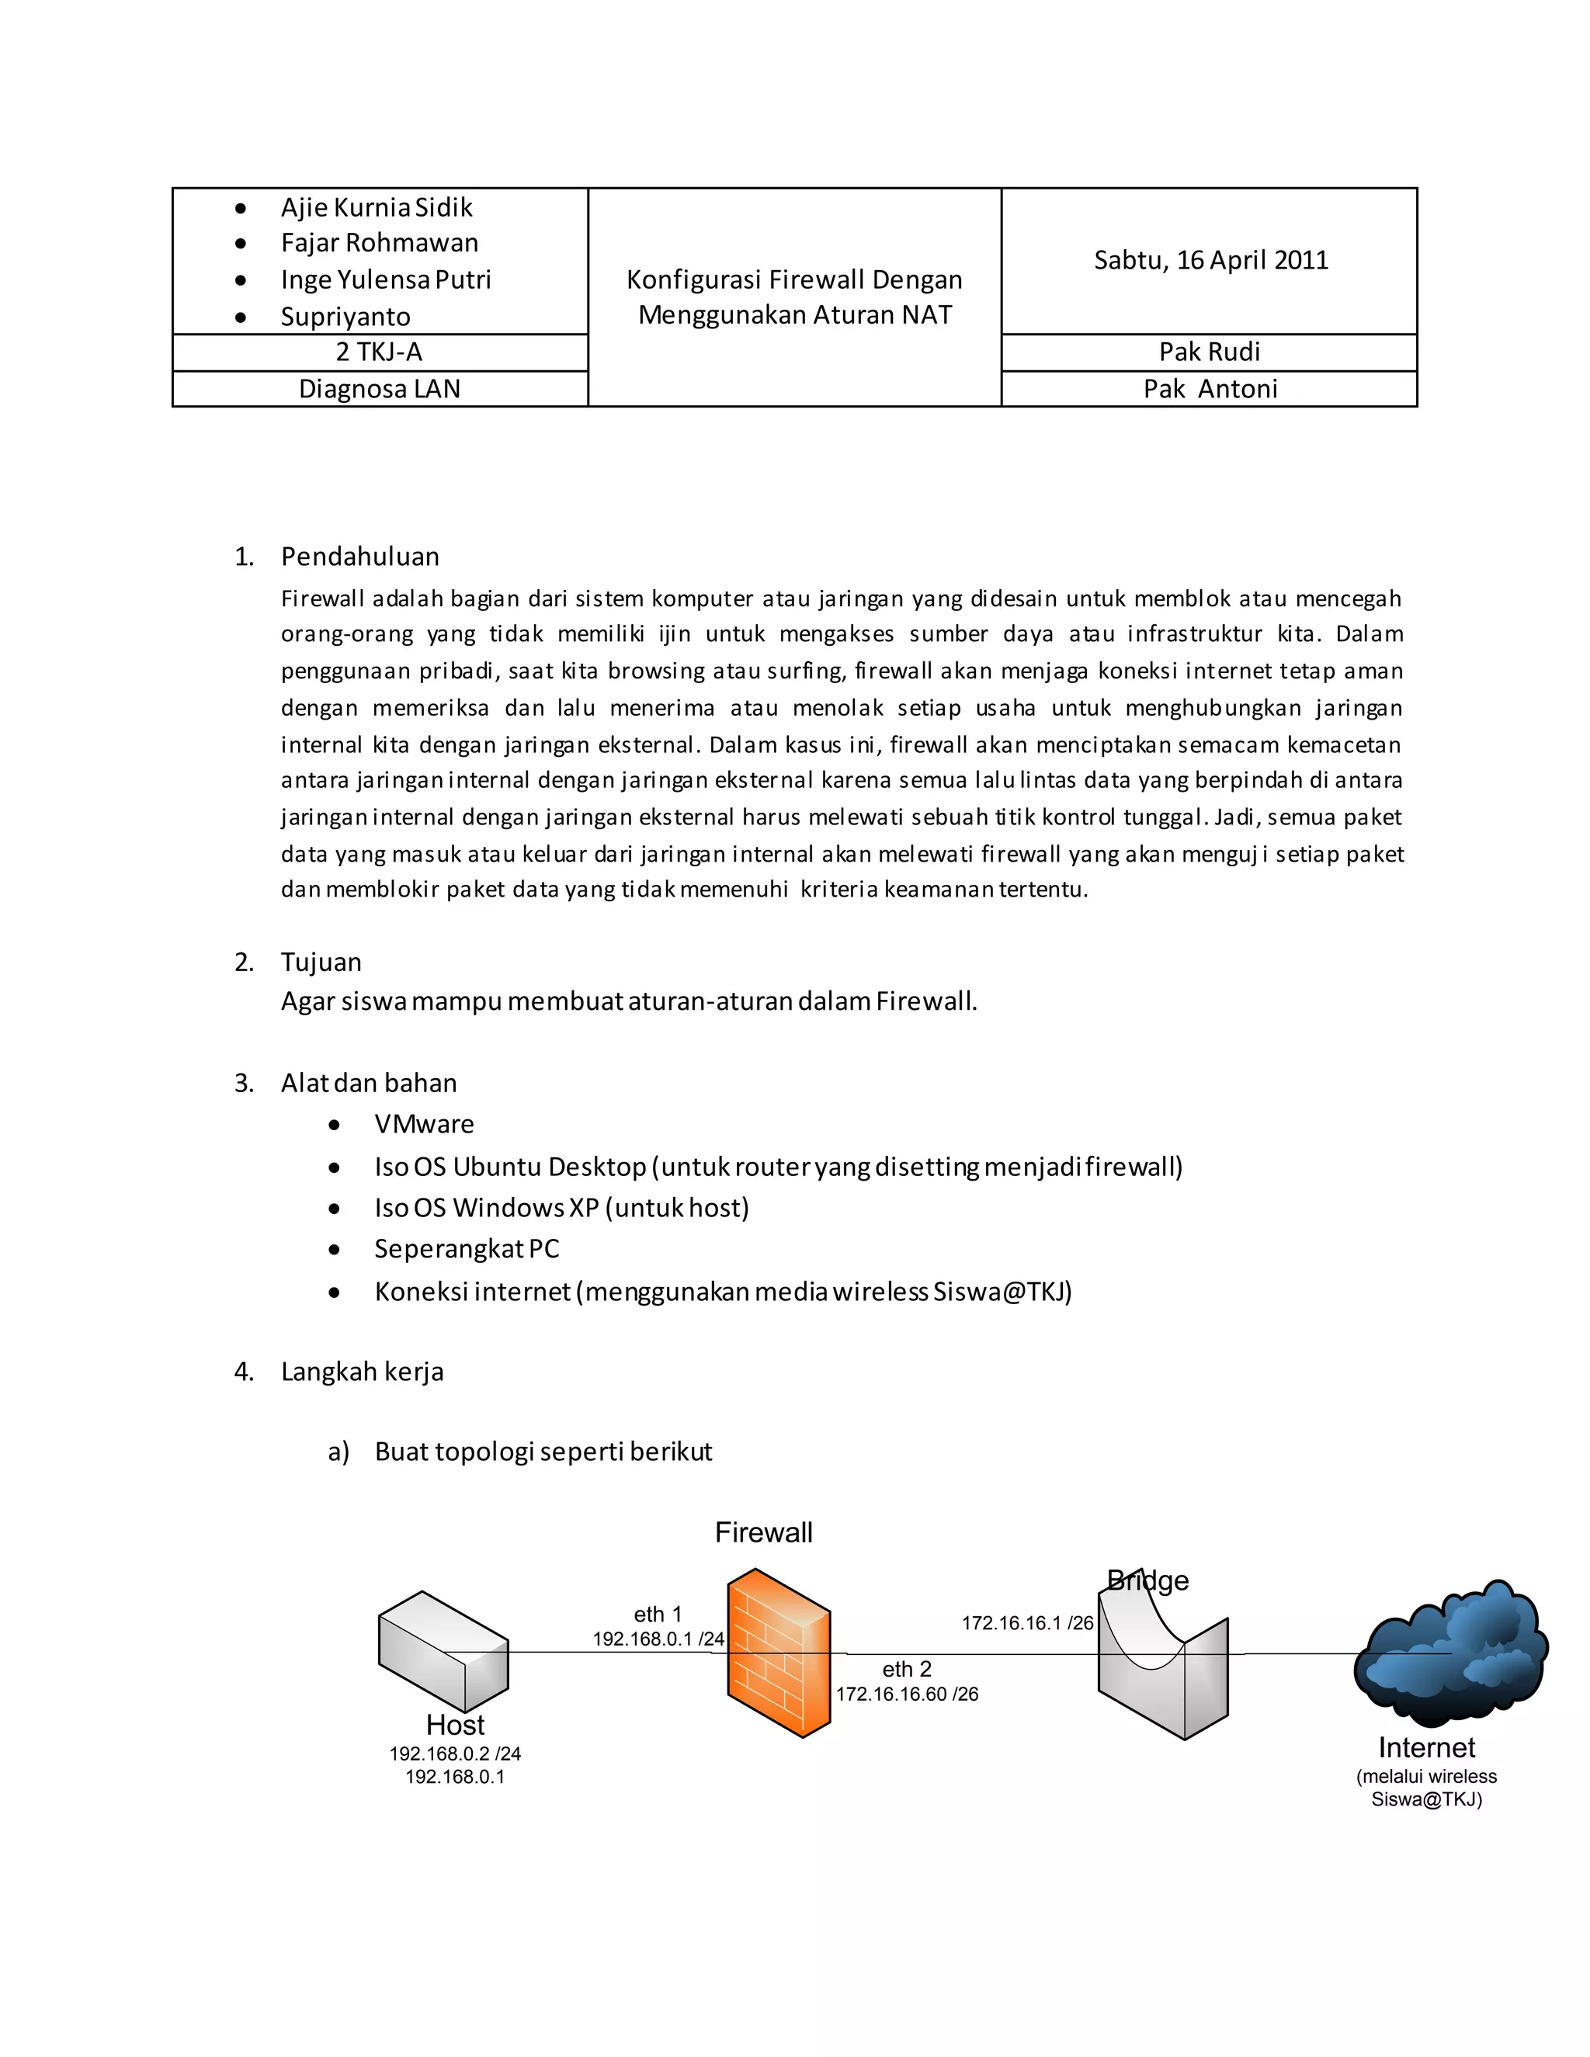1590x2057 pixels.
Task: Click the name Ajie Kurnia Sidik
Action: pyautogui.click(x=376, y=207)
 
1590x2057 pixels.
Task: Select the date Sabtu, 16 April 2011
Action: pyautogui.click(x=1210, y=260)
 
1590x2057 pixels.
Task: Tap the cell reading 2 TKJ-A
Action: pyautogui.click(x=379, y=352)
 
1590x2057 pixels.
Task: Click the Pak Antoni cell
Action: pyautogui.click(x=1210, y=389)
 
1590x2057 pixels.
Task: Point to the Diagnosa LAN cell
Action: pyautogui.click(x=379, y=389)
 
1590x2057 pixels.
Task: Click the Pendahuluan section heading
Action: pyautogui.click(x=359, y=557)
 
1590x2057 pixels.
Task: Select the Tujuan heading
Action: pyautogui.click(x=321, y=962)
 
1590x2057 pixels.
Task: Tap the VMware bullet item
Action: pyautogui.click(x=424, y=1124)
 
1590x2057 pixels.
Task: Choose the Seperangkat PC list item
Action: pyautogui.click(x=467, y=1249)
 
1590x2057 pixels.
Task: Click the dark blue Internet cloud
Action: pyautogui.click(x=1450, y=1654)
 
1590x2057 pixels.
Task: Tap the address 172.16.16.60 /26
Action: pyautogui.click(x=907, y=1694)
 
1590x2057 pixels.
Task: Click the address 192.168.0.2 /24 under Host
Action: pyautogui.click(x=455, y=1753)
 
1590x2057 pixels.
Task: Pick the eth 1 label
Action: pyautogui.click(x=658, y=1615)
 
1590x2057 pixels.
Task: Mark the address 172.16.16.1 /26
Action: pyautogui.click(x=1026, y=1623)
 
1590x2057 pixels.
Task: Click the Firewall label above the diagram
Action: pyautogui.click(x=763, y=1532)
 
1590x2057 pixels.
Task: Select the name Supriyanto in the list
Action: pyautogui.click(x=345, y=317)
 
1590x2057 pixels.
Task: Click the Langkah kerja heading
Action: pyautogui.click(x=362, y=1372)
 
